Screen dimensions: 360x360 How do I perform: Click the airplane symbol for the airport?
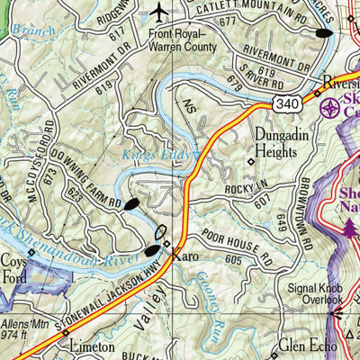click(x=160, y=13)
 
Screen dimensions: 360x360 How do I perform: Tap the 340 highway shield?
click(x=286, y=80)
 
